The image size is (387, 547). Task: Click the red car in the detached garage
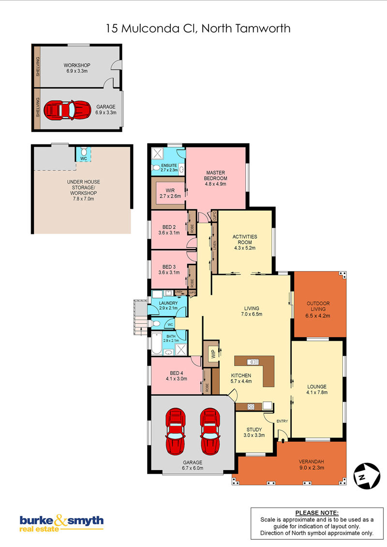(67, 110)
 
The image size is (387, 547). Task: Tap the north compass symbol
(367, 475)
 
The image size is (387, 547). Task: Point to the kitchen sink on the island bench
(253, 362)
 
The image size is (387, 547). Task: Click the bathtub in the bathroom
(156, 344)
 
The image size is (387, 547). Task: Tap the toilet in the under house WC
(84, 152)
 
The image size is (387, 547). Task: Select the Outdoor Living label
(318, 306)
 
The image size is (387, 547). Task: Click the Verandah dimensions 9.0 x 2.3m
(312, 467)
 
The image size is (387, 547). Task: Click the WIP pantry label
(213, 354)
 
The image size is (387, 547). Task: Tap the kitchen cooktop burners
(251, 406)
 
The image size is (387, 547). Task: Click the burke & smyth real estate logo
(61, 523)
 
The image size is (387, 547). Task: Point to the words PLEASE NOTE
(317, 513)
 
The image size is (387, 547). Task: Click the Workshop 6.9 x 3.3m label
(77, 68)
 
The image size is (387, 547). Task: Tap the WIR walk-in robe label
(170, 193)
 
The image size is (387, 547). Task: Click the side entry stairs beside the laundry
(140, 317)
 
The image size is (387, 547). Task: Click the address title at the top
(198, 28)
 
